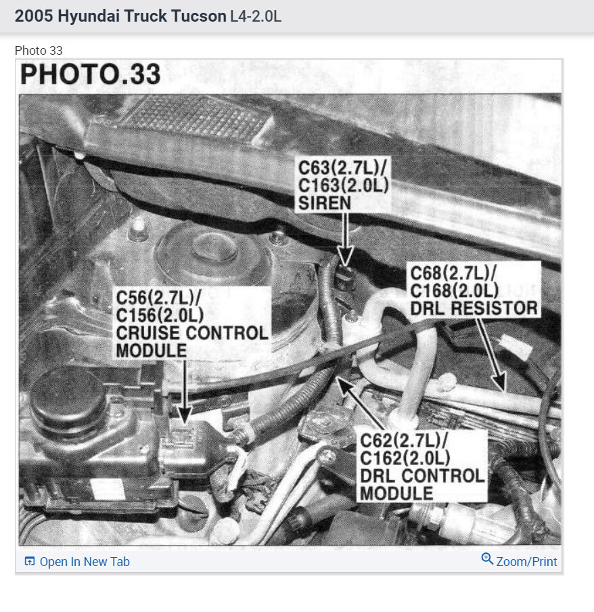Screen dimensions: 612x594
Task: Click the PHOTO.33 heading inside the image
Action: (x=91, y=74)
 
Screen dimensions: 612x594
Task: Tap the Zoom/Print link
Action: (x=519, y=561)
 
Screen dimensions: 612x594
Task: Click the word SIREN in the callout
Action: (x=323, y=202)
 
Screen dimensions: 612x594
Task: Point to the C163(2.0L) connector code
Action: (x=342, y=185)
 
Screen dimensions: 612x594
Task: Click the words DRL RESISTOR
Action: (x=474, y=309)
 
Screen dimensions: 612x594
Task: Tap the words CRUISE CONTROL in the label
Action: (x=192, y=333)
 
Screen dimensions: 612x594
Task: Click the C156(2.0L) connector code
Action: (x=160, y=315)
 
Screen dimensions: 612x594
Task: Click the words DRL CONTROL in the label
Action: (x=422, y=475)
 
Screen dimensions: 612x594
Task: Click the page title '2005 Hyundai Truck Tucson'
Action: (x=120, y=16)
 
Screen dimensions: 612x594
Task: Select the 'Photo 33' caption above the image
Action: (x=39, y=51)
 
